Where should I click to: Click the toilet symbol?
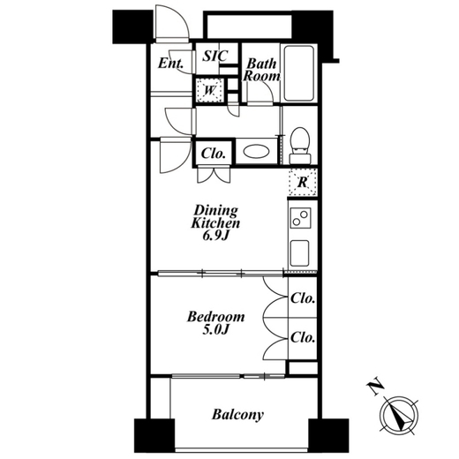pyautogui.click(x=300, y=146)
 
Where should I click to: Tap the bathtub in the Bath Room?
pyautogui.click(x=298, y=73)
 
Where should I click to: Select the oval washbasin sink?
pyautogui.click(x=256, y=152)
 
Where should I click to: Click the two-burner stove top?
pyautogui.click(x=300, y=218)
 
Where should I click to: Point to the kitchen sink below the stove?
pyautogui.click(x=299, y=253)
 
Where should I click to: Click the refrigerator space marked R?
pyautogui.click(x=303, y=183)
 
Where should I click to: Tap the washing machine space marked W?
pyautogui.click(x=210, y=90)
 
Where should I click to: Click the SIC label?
pyautogui.click(x=215, y=56)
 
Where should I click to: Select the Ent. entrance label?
pyautogui.click(x=171, y=63)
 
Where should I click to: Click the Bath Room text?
pyautogui.click(x=261, y=70)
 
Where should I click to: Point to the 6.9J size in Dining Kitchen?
pyautogui.click(x=215, y=236)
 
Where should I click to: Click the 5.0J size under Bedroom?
pyautogui.click(x=215, y=330)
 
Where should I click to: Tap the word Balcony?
pyautogui.click(x=237, y=415)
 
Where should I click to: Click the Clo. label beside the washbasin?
pyautogui.click(x=214, y=154)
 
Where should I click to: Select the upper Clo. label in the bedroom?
pyautogui.click(x=303, y=298)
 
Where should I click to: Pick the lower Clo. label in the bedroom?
pyautogui.click(x=303, y=337)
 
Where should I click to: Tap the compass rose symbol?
pyautogui.click(x=399, y=415)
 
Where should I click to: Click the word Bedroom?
pyautogui.click(x=216, y=317)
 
